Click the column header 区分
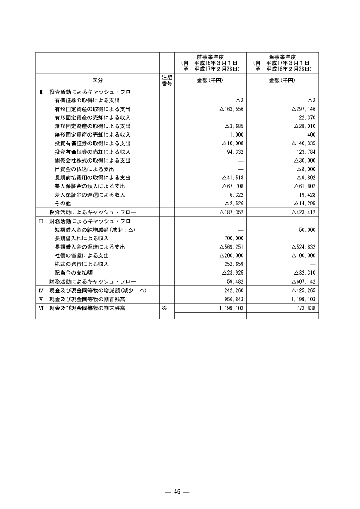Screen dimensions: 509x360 [x=98, y=80]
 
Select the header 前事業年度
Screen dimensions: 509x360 [x=210, y=56]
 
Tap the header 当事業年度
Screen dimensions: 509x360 [x=282, y=56]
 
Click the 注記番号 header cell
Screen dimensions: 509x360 [x=167, y=80]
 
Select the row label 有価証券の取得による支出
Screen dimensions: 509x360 [x=87, y=100]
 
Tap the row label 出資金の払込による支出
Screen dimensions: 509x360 [x=84, y=169]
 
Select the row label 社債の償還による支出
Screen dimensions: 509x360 [x=84, y=255]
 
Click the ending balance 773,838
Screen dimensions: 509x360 [x=305, y=308]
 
